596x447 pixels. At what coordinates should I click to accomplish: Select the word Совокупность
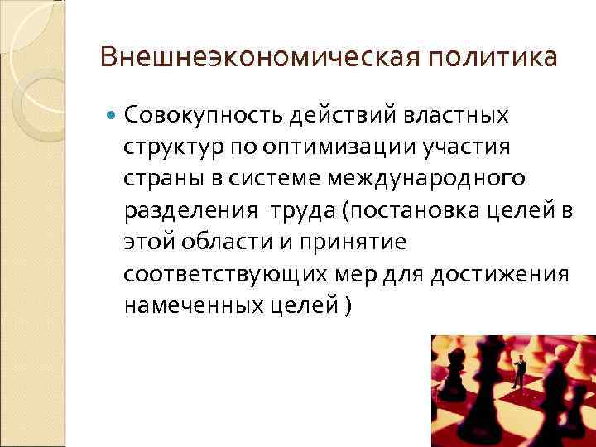(x=201, y=114)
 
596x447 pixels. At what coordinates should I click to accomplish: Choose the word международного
(x=425, y=178)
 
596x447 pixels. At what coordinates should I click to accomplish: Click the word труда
(x=292, y=209)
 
